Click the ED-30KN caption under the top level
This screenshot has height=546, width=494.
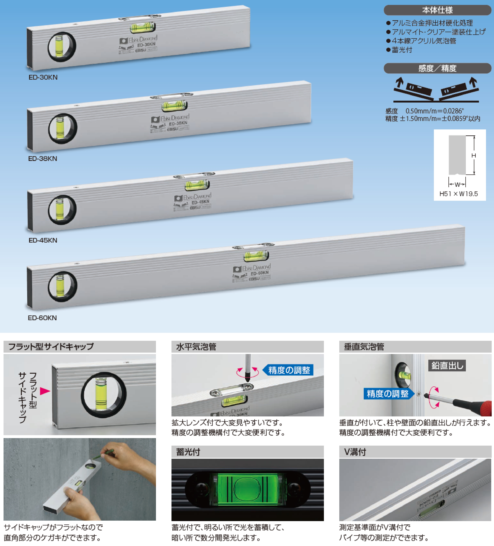[43, 77]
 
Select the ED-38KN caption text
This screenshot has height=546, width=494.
[43, 159]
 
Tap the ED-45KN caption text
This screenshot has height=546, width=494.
[43, 240]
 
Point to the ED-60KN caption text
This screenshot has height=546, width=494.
[42, 318]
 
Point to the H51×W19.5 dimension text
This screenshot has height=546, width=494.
[458, 194]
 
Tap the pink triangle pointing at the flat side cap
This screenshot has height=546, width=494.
[45, 391]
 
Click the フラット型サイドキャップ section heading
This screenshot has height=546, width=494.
[51, 347]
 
